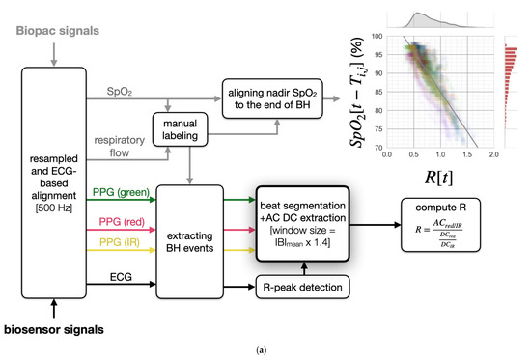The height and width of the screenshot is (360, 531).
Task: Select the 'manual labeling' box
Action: (181, 132)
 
